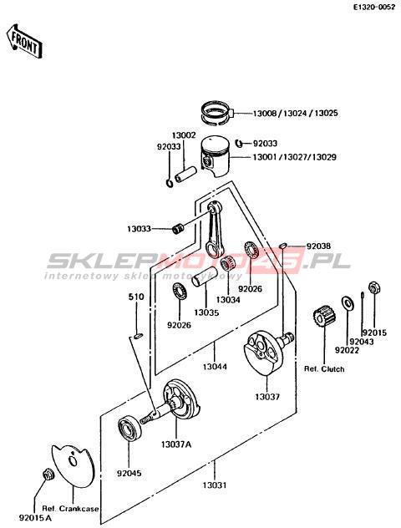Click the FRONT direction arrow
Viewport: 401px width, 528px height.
(x=25, y=41)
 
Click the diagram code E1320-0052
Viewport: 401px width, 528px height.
(x=373, y=7)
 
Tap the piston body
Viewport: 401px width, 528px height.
(x=216, y=156)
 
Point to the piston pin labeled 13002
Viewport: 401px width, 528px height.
(x=184, y=174)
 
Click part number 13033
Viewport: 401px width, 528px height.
(x=139, y=229)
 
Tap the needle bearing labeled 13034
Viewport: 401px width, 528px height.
(x=227, y=265)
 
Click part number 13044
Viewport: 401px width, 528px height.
(x=215, y=367)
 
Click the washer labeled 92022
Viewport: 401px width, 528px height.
(x=348, y=302)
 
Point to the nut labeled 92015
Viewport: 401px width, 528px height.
(x=373, y=288)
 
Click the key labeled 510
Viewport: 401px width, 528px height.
(x=138, y=335)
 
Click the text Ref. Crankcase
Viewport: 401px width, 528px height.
(x=71, y=509)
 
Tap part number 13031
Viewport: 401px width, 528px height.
(x=215, y=485)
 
